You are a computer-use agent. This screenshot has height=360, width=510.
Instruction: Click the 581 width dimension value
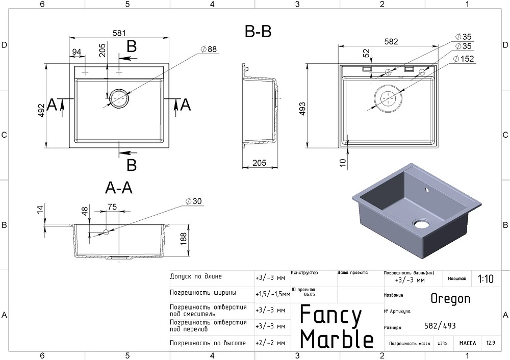119,33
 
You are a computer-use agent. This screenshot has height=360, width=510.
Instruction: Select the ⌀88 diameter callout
209,49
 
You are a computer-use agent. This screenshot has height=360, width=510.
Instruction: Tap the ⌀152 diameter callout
464,59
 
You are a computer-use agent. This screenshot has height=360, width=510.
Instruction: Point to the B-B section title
258,32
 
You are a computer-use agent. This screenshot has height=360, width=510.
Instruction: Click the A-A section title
119,188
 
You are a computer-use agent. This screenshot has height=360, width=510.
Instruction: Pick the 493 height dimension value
302,110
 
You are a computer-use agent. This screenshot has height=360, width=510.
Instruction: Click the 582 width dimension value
391,42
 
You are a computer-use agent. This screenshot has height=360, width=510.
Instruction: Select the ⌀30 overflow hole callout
194,201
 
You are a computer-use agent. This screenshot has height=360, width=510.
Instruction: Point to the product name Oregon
450,298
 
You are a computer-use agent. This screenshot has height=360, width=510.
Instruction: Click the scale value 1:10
486,279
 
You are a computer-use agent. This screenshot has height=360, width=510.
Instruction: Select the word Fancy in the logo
330,315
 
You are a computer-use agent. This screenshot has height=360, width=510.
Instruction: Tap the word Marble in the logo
337,339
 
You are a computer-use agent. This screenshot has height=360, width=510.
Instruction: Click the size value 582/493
440,326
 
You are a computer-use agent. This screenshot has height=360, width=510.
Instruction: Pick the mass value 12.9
491,343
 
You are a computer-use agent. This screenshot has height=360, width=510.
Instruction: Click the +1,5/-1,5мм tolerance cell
272,294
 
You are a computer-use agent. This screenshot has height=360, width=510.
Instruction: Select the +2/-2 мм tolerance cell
270,343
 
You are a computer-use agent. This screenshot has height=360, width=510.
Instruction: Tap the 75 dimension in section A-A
112,207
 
